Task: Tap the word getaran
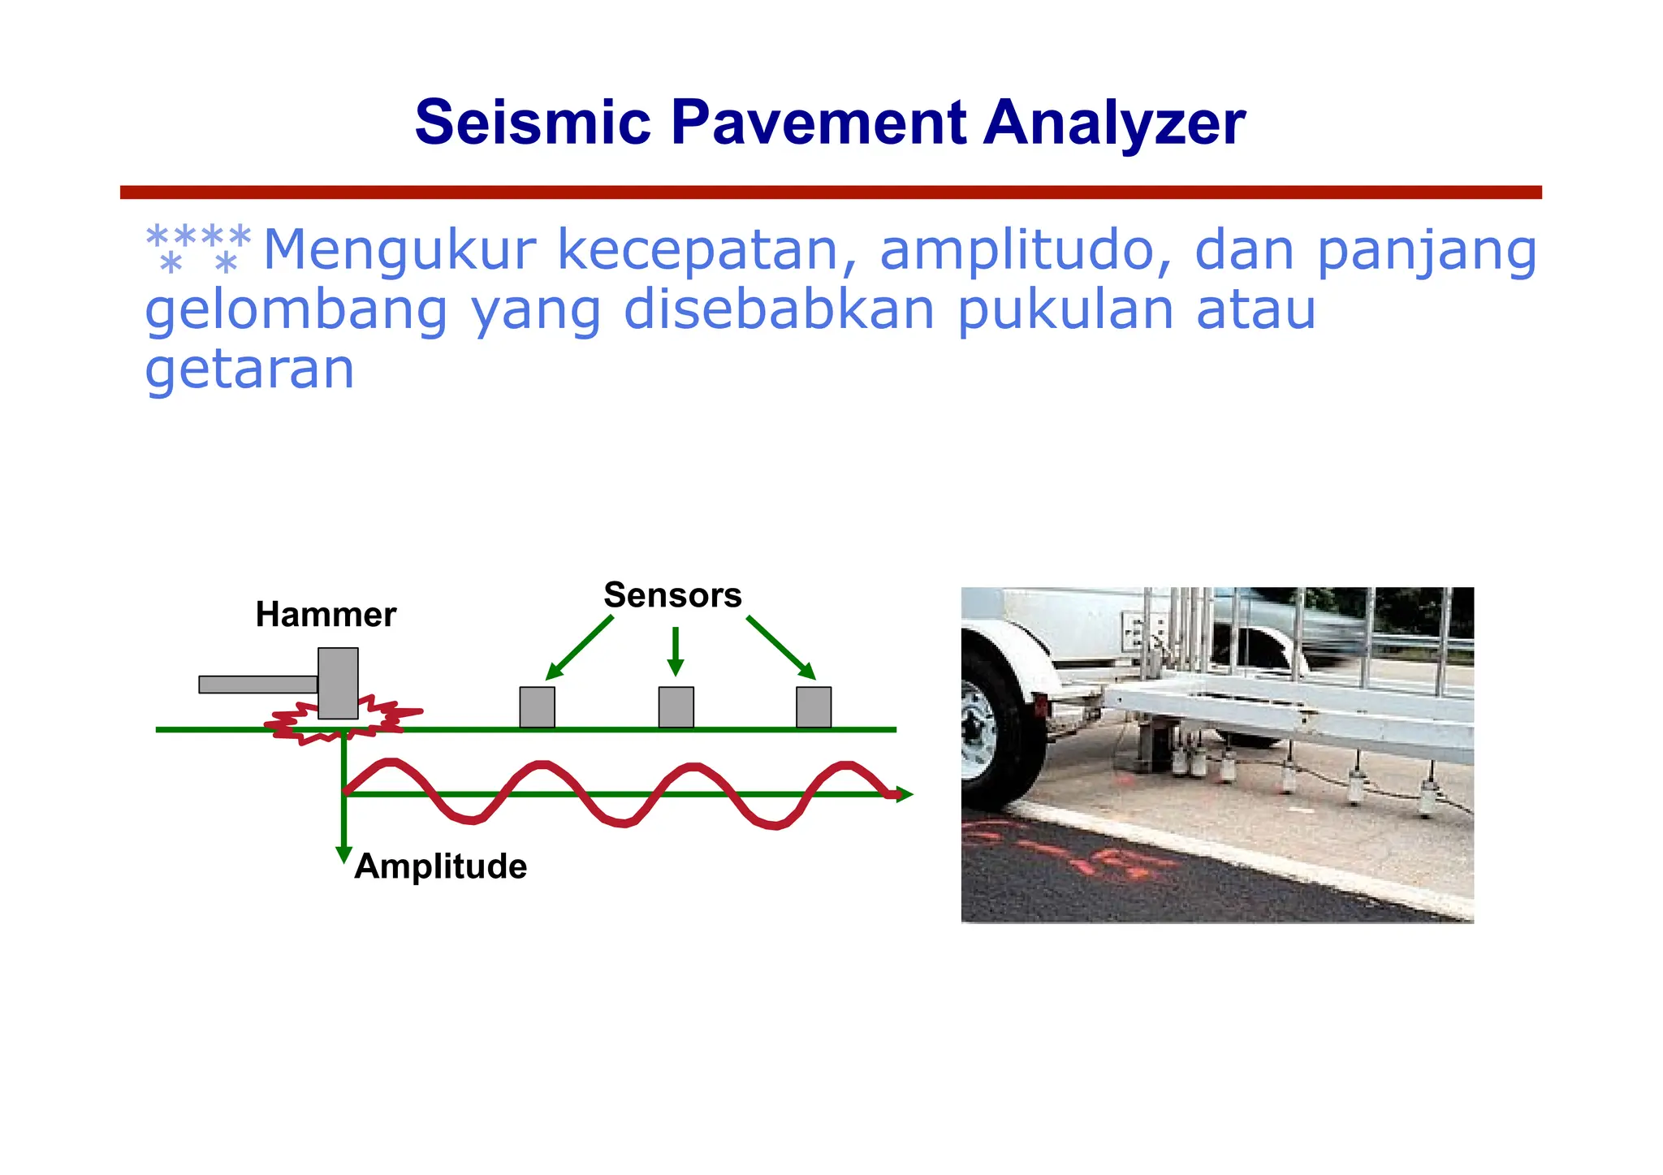tap(249, 370)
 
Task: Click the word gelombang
tap(296, 311)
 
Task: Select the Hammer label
tap(326, 615)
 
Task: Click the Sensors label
tap(672, 595)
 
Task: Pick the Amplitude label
tap(441, 866)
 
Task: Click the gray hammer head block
tap(338, 683)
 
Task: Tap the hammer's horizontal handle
tap(257, 685)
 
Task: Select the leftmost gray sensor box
tap(537, 707)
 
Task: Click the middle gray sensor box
tap(676, 707)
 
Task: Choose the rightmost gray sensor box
tap(814, 707)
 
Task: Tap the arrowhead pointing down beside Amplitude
tap(343, 855)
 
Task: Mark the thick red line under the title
tap(830, 192)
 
